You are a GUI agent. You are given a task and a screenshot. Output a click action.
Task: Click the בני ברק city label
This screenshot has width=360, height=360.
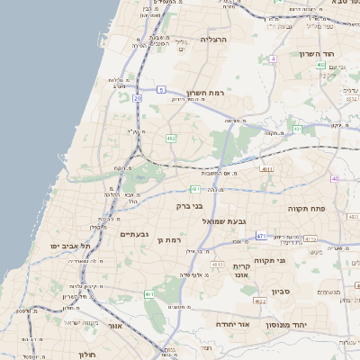tap(191, 205)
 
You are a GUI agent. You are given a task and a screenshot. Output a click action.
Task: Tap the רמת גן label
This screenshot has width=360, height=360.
tap(168, 239)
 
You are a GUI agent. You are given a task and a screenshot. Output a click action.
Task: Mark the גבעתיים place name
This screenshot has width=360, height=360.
tap(134, 234)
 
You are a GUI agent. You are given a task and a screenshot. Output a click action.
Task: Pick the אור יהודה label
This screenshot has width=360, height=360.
tap(231, 322)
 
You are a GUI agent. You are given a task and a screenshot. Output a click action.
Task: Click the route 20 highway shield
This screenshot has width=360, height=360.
tap(137, 97)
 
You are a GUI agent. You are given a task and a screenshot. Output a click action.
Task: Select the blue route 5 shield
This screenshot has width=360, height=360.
tap(160, 89)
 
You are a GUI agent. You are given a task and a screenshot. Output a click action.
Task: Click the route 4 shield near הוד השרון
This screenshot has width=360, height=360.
tap(271, 58)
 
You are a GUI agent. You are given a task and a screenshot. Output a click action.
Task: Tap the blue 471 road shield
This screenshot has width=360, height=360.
tap(260, 236)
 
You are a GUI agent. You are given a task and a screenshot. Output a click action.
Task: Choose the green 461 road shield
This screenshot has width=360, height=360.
tap(148, 294)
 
